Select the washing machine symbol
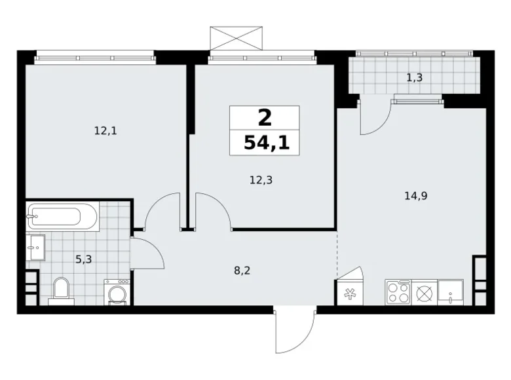coord(117,292)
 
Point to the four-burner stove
coord(398,292)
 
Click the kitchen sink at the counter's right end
coord(451,292)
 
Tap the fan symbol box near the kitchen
coord(347,294)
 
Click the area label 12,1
coord(105,130)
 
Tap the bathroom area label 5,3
coord(83,259)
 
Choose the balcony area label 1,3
coord(414,77)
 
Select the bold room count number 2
coord(264,118)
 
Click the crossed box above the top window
coord(236,38)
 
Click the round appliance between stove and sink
coord(425,292)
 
